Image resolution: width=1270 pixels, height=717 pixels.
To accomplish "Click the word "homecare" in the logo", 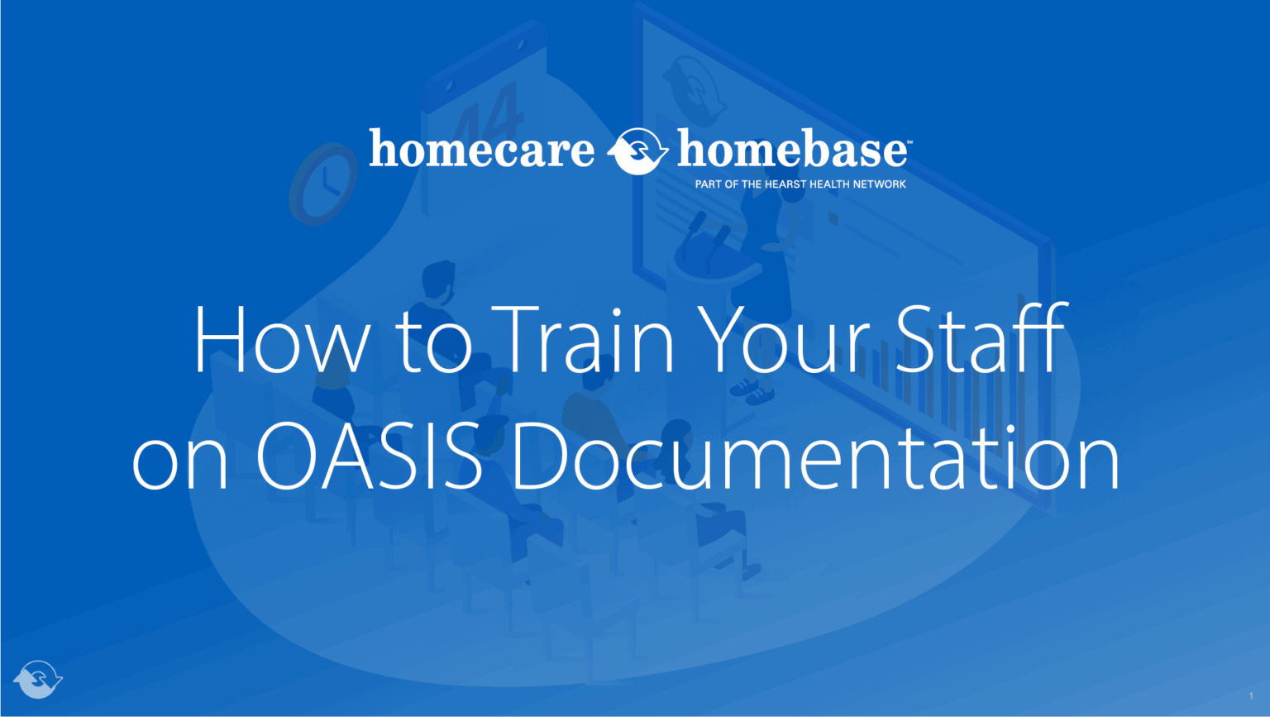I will pyautogui.click(x=481, y=150).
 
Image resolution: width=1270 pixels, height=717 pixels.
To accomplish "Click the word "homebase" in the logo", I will pyautogui.click(x=792, y=150).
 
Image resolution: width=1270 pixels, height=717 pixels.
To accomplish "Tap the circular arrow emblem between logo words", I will pyautogui.click(x=637, y=151).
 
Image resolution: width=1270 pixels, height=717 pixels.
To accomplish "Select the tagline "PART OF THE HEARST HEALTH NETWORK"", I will pyautogui.click(x=800, y=184).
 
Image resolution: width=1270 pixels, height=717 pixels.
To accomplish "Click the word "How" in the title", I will pyautogui.click(x=282, y=340).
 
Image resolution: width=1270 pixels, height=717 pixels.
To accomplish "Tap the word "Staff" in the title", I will pyautogui.click(x=982, y=340).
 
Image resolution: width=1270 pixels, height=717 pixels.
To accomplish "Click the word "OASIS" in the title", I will pyautogui.click(x=369, y=456).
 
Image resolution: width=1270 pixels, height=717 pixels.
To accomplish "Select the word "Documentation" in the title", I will pyautogui.click(x=815, y=456).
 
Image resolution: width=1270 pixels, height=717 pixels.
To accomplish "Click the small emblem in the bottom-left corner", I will pyautogui.click(x=38, y=679).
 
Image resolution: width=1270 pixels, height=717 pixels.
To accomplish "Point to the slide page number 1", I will pyautogui.click(x=1251, y=696).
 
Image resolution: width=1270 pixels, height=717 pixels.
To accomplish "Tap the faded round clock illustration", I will pyautogui.click(x=322, y=184).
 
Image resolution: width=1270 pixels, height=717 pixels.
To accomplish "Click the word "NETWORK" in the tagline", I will pyautogui.click(x=880, y=184).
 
